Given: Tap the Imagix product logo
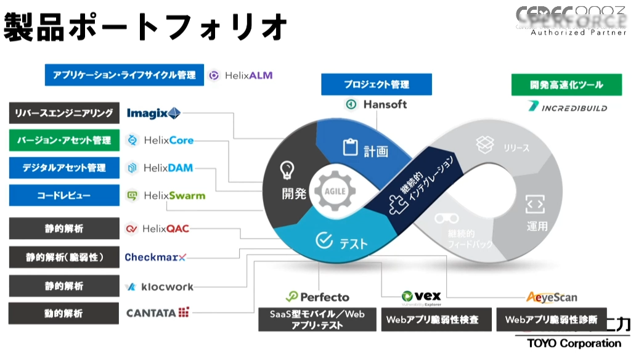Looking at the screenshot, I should pos(153,113).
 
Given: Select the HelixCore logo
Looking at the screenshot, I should pos(160,141).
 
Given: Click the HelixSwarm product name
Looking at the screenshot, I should pos(174,195).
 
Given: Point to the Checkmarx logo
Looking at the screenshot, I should pos(155,257).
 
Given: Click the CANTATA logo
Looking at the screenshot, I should pos(158,313).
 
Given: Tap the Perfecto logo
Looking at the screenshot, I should pos(317,297).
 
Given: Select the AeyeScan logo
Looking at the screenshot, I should pos(552,297).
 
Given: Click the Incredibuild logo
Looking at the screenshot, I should pos(568,107).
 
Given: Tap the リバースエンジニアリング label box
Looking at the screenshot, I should pos(64,113).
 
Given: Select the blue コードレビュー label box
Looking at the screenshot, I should pos(64,195).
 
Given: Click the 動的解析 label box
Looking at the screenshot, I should pos(64,314).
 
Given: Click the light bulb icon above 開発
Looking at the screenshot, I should pos(286,169).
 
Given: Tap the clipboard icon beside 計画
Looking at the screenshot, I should pos(350,147).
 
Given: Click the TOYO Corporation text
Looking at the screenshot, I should pos(574,343).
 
